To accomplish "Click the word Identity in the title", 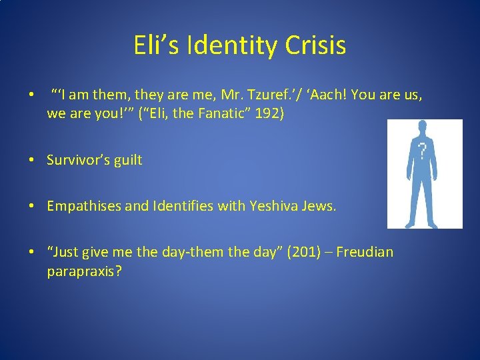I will tap(233, 46).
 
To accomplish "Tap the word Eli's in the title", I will tap(158, 46).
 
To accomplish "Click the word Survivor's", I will tap(76, 160).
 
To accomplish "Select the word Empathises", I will tap(83, 207).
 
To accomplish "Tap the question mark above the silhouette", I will tap(422, 152).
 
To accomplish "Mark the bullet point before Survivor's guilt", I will tap(32, 161).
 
